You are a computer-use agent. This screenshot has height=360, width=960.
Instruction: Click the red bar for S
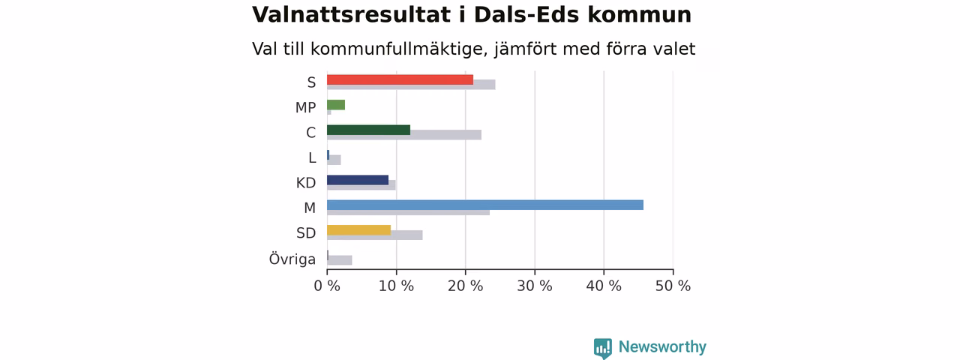click(x=400, y=79)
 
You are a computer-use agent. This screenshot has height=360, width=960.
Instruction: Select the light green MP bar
click(x=336, y=104)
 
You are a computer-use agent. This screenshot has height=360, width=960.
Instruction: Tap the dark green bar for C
click(x=368, y=130)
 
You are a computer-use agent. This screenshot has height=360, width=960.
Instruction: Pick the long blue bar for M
click(x=485, y=205)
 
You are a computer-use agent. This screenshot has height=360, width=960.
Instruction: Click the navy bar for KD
click(x=358, y=180)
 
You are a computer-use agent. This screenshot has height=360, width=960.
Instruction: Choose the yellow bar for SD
click(x=358, y=230)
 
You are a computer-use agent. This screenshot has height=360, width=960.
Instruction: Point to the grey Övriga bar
click(x=340, y=260)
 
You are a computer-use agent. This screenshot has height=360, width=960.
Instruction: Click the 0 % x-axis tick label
click(x=327, y=286)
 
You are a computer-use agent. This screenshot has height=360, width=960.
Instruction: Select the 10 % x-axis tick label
click(x=396, y=286)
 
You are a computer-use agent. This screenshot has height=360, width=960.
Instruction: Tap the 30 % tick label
click(x=535, y=286)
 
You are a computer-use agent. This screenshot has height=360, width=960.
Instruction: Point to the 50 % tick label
click(x=673, y=286)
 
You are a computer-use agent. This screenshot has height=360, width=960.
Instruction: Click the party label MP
click(x=305, y=107)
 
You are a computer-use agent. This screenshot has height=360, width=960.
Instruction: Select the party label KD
click(x=306, y=183)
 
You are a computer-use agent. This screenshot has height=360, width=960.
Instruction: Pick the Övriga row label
click(x=292, y=259)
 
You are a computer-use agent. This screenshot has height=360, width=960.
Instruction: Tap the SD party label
click(x=306, y=233)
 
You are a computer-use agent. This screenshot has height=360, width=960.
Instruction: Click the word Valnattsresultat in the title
click(x=351, y=14)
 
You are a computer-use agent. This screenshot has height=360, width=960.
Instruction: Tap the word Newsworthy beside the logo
click(x=662, y=346)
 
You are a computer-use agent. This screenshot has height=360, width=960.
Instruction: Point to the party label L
click(x=312, y=158)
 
